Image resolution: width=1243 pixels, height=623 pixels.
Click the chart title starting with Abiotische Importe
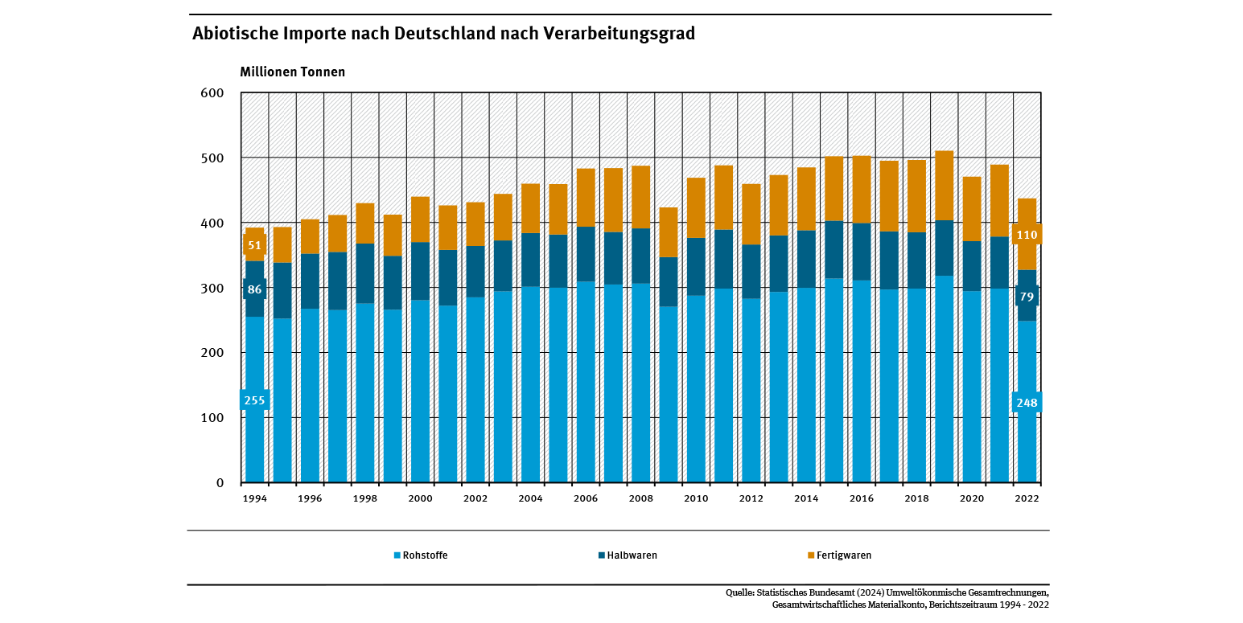(442, 35)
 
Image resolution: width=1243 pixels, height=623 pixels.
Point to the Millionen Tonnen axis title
(292, 72)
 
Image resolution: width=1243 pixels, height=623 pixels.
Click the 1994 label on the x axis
(255, 498)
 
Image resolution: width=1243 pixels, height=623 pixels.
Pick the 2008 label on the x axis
(640, 498)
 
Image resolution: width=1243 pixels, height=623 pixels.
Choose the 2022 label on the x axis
(1027, 498)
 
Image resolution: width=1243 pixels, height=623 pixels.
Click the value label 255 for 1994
(254, 400)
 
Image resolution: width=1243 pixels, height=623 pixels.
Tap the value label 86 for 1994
(254, 289)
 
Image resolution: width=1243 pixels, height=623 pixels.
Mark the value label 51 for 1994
(254, 245)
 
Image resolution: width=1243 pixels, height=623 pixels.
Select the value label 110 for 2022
(1027, 235)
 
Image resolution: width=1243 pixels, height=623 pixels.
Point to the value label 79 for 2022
(1027, 297)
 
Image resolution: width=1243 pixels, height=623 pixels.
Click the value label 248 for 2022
(1027, 403)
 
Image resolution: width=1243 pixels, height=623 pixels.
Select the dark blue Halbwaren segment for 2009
(668, 281)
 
